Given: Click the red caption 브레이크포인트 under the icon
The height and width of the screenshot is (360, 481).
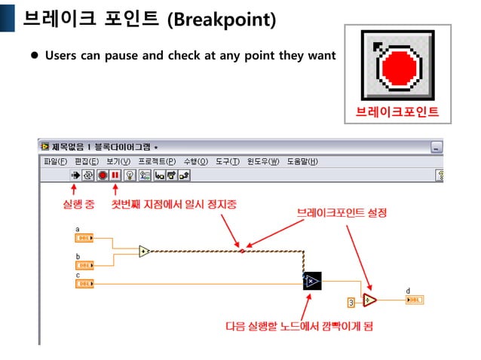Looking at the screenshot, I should (397, 114).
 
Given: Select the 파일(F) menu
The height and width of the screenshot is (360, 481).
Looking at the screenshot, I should (55, 161).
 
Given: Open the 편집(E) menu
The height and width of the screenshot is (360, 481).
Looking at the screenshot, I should (86, 161).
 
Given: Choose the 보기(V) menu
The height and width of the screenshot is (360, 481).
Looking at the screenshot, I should (118, 161).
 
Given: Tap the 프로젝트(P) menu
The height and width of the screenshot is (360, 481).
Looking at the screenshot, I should (157, 161).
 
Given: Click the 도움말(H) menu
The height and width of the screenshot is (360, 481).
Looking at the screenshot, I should (302, 161).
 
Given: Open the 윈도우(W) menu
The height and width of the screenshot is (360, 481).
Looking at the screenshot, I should (263, 161).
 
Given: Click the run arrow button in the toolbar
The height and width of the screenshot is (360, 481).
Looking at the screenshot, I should (75, 175).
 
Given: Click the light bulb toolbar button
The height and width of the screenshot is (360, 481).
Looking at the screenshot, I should (129, 175).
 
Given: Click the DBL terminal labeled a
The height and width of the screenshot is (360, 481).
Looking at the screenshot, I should (84, 239).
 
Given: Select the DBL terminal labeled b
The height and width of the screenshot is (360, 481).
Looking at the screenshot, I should (84, 265).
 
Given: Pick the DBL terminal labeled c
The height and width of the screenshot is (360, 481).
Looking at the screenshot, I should (84, 284).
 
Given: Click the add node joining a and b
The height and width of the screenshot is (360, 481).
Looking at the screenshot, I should (144, 251).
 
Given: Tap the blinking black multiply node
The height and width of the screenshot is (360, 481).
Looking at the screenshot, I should (312, 282).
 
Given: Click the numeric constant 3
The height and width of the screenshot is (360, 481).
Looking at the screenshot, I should (351, 302).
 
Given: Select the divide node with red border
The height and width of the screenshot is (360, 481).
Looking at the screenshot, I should (369, 300).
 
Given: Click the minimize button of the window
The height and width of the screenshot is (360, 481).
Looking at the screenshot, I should (437, 147).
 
